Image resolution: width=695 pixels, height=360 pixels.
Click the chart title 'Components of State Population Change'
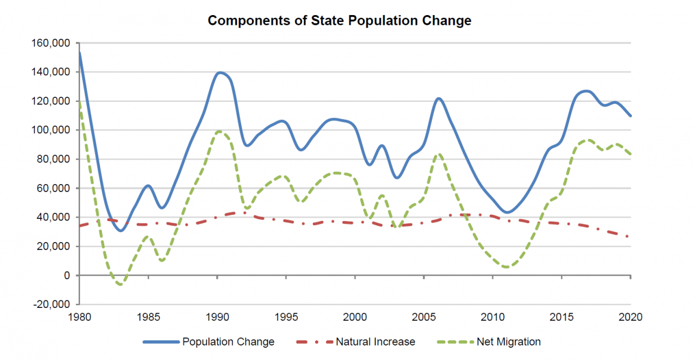(x=339, y=21)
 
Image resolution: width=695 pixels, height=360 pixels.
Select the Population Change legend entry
(x=228, y=342)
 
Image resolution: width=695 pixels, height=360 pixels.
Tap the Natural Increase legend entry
(x=375, y=342)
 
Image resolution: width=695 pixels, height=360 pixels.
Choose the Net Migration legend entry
(x=509, y=342)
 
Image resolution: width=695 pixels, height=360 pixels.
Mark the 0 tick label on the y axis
(x=67, y=275)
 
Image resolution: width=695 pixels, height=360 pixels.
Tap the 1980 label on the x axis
(x=79, y=317)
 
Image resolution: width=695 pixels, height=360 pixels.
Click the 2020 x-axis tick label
(x=631, y=317)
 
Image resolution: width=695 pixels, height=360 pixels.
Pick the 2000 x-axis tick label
(x=355, y=317)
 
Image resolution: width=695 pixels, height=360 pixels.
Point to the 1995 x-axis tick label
(x=286, y=317)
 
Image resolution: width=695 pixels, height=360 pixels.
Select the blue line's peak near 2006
(x=438, y=98)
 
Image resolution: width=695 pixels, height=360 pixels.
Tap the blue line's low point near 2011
(x=507, y=212)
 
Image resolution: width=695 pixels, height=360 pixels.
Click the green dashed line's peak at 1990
(x=218, y=131)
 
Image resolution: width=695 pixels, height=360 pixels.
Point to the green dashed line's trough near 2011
(x=507, y=267)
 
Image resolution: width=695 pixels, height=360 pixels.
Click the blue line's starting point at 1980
(x=79, y=53)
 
